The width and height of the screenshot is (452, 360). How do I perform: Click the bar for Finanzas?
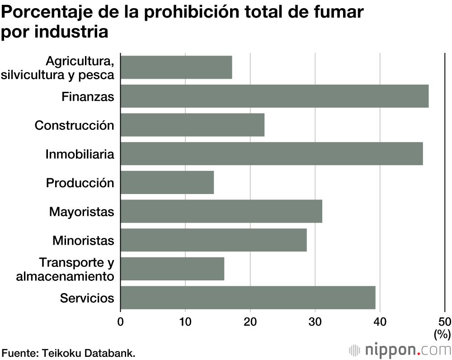coord(274,96)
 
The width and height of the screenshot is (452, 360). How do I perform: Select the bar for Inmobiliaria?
coord(272,154)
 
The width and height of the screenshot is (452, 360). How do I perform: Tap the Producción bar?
coord(167,183)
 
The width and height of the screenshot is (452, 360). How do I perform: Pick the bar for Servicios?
coord(248,298)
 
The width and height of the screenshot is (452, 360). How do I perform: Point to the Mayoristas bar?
coord(221,211)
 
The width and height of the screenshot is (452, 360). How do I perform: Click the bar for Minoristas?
coord(214,240)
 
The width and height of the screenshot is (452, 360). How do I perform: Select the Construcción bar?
coord(193,125)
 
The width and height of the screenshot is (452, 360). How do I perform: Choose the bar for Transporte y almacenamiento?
coord(172,269)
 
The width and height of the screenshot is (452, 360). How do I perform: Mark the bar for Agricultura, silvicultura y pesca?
coord(176,67)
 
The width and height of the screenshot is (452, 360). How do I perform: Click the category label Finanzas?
coord(88,96)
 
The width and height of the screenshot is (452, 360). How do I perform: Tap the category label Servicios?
coord(87,298)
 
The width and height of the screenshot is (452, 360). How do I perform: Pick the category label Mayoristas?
coord(82,212)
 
